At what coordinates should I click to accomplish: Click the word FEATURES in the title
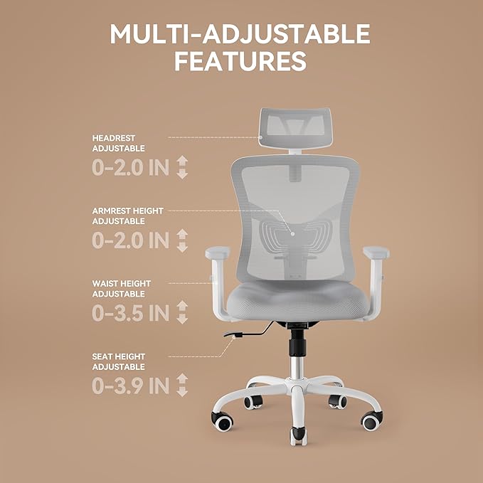click(x=240, y=60)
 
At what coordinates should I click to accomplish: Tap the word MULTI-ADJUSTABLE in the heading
click(x=240, y=33)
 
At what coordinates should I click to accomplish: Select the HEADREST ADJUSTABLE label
click(x=119, y=143)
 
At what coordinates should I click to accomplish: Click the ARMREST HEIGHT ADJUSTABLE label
click(x=127, y=216)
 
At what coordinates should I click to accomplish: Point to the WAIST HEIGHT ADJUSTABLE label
click(x=122, y=288)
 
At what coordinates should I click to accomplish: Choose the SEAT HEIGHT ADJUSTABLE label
click(x=119, y=361)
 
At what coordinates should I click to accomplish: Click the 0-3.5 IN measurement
click(x=131, y=313)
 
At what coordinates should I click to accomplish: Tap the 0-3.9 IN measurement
click(x=131, y=386)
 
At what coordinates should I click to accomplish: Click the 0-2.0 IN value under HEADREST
click(x=131, y=168)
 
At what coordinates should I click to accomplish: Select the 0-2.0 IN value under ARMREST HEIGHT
click(x=131, y=240)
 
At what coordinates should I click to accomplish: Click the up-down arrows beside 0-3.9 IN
click(x=182, y=386)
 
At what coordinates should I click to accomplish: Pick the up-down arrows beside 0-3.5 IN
click(x=182, y=313)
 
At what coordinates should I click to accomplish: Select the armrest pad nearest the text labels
click(x=216, y=253)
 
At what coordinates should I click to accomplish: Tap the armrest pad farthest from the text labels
click(x=376, y=252)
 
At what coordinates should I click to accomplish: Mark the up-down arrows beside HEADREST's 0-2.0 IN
click(x=182, y=168)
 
